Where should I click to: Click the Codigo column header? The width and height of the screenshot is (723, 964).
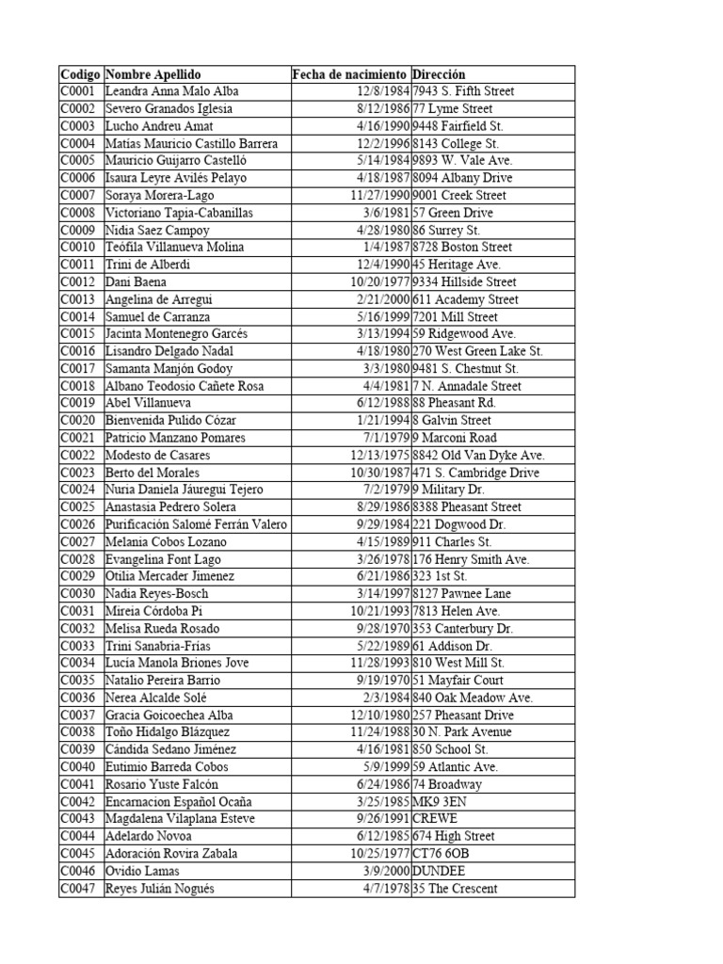pyautogui.click(x=80, y=74)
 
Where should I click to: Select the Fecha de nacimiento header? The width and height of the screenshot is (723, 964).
pyautogui.click(x=349, y=74)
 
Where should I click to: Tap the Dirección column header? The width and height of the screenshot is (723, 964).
pyautogui.click(x=439, y=74)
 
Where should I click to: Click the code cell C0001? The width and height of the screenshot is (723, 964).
pyautogui.click(x=80, y=91)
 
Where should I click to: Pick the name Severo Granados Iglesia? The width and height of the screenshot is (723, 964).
pyautogui.click(x=169, y=109)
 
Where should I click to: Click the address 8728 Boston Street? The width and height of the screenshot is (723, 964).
pyautogui.click(x=462, y=248)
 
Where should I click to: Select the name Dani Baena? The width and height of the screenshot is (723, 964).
pyautogui.click(x=137, y=282)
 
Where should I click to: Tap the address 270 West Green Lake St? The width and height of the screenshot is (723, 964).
pyautogui.click(x=478, y=351)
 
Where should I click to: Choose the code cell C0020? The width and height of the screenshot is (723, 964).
pyautogui.click(x=80, y=421)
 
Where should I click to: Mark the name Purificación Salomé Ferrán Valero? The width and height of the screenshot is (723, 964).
pyautogui.click(x=196, y=524)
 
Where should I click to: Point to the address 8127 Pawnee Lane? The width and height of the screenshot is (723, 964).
pyautogui.click(x=459, y=594)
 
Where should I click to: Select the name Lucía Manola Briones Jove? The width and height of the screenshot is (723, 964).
pyautogui.click(x=177, y=663)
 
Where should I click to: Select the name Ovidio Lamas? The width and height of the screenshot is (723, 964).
pyautogui.click(x=142, y=872)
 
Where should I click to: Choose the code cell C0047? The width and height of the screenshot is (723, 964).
pyautogui.click(x=80, y=889)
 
